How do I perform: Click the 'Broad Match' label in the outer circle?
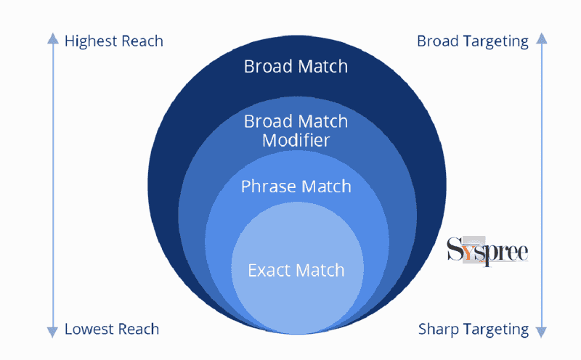pyautogui.click(x=296, y=67)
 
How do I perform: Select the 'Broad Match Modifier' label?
pyautogui.click(x=296, y=131)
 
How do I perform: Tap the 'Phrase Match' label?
pyautogui.click(x=296, y=187)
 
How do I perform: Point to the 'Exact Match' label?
pyautogui.click(x=296, y=271)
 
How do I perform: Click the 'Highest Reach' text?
pyautogui.click(x=114, y=41)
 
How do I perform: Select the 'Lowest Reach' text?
pyautogui.click(x=112, y=329)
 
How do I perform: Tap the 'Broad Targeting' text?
pyautogui.click(x=472, y=41)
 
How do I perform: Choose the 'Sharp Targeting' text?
pyautogui.click(x=473, y=329)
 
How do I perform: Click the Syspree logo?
pyautogui.click(x=487, y=251)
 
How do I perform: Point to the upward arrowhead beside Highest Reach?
pyautogui.click(x=52, y=38)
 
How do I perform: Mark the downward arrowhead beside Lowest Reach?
pyautogui.click(x=52, y=332)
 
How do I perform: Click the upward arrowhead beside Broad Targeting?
pyautogui.click(x=541, y=38)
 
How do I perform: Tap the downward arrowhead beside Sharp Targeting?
pyautogui.click(x=541, y=332)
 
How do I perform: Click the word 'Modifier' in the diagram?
pyautogui.click(x=296, y=140)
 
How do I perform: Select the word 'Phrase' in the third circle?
pyautogui.click(x=268, y=187)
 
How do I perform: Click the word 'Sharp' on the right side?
pyautogui.click(x=438, y=329)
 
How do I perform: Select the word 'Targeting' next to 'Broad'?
pyautogui.click(x=495, y=41)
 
